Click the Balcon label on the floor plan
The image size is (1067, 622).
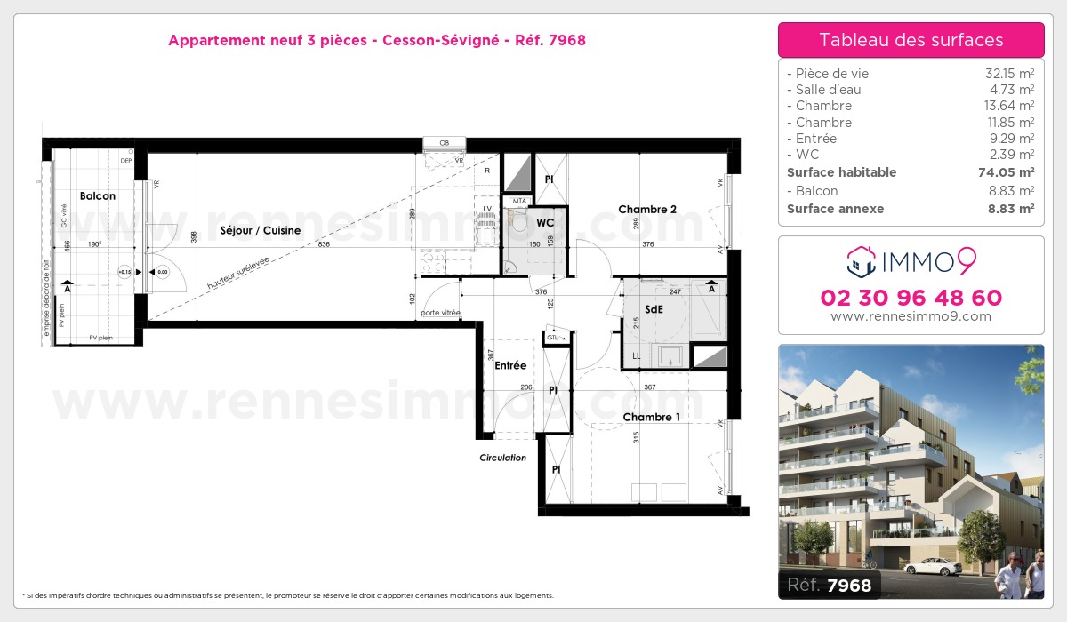[x=97, y=195]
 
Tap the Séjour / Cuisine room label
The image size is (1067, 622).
[x=261, y=230]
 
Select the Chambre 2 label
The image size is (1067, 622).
[x=647, y=210]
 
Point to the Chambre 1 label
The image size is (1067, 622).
[x=651, y=417]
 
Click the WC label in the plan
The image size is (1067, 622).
[x=545, y=222]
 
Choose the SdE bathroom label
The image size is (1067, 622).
[x=654, y=310]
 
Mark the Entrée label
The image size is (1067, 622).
[x=510, y=365]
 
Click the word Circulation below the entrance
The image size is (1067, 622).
[x=502, y=458]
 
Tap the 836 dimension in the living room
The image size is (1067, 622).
[x=325, y=244]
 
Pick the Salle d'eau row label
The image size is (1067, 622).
[x=824, y=90]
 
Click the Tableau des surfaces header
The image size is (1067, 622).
[x=911, y=40]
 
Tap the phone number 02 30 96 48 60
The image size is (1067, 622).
[x=911, y=298]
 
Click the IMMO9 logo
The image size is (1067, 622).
[x=911, y=261]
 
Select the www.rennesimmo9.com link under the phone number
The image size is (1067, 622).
[x=911, y=316]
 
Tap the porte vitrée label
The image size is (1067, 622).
[x=441, y=313]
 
